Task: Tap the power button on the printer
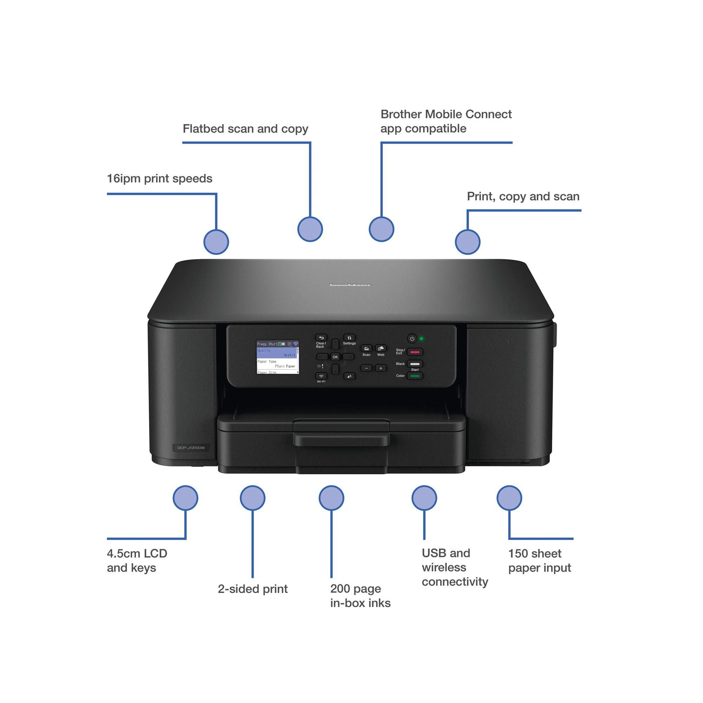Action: [412, 339]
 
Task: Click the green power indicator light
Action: [422, 339]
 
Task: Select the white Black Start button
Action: [415, 364]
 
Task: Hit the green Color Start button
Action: [415, 376]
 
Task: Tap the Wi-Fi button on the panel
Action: [321, 376]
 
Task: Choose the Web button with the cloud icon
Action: [381, 349]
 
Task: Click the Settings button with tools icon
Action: [349, 338]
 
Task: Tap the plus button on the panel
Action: [381, 368]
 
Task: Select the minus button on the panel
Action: [366, 368]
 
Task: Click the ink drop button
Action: [349, 376]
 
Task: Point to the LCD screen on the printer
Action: [278, 357]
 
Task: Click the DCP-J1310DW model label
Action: [191, 447]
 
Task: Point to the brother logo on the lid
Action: [350, 285]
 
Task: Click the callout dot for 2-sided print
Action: [252, 498]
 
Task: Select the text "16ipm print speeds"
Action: [159, 179]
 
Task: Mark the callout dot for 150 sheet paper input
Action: [509, 498]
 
